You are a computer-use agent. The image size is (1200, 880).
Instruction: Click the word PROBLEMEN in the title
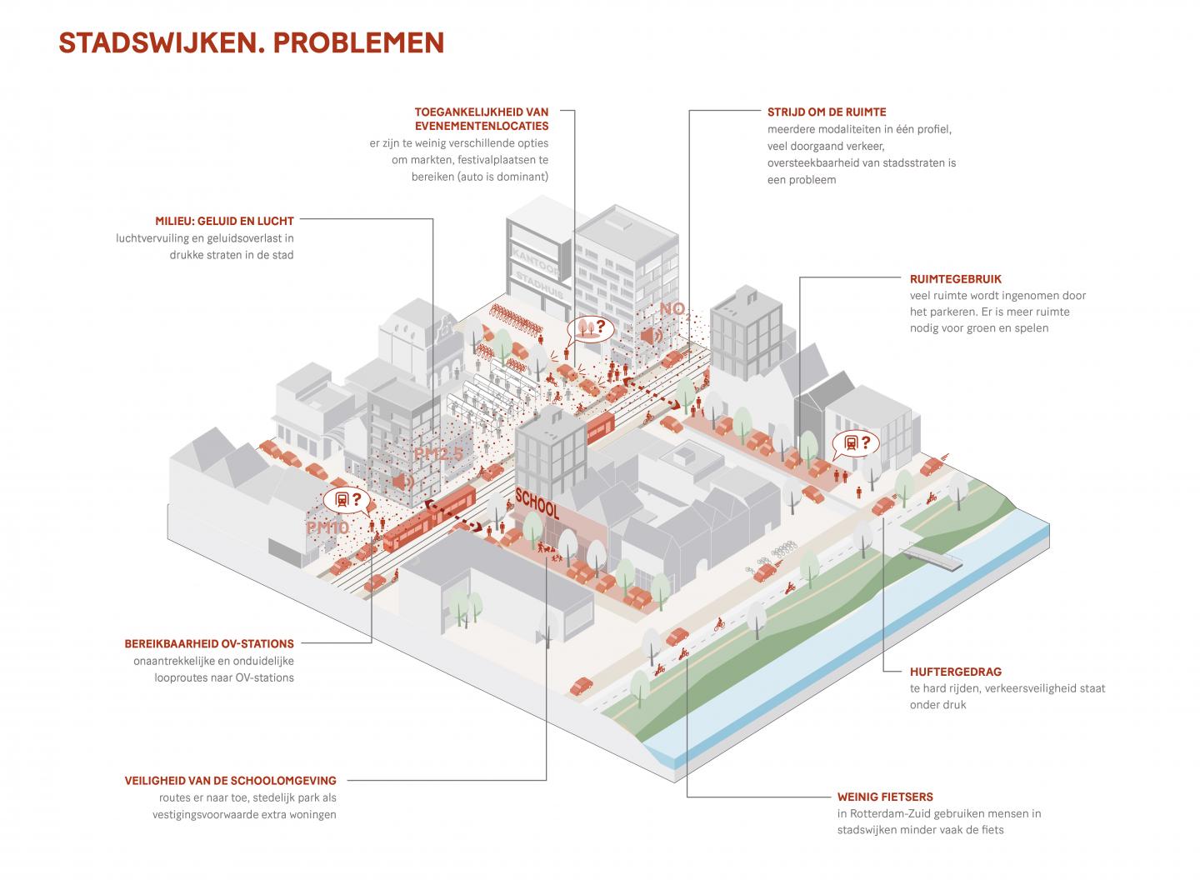coord(358,43)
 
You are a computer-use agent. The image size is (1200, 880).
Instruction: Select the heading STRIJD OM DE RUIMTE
coord(827,112)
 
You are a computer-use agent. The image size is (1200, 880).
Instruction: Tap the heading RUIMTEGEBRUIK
coord(956,279)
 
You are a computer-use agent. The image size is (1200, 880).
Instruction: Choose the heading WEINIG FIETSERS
coord(885,797)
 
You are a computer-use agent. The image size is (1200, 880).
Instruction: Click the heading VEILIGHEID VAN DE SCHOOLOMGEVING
coord(230,781)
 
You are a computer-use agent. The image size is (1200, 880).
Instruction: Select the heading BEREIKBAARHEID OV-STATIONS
coord(209,644)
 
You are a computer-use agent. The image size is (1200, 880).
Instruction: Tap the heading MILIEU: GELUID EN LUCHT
coord(224,221)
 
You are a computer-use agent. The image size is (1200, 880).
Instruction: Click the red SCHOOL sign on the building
coord(537,503)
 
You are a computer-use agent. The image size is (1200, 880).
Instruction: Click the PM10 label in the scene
coord(327,527)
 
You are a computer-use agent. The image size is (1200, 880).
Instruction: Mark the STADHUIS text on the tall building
coord(540,284)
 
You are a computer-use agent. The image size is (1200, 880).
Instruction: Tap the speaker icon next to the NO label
coord(651,336)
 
